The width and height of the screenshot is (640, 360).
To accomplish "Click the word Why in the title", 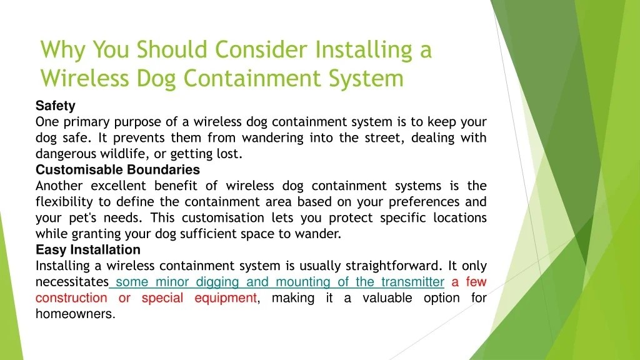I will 62,49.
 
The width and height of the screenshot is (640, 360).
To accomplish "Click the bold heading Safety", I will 55,106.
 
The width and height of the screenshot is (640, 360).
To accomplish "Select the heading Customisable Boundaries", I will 117,170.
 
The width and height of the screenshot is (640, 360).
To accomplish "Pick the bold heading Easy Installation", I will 88,250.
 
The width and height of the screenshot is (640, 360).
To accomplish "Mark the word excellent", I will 118,186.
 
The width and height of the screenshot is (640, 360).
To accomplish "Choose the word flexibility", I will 64,202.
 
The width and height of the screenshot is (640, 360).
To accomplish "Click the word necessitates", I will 72,282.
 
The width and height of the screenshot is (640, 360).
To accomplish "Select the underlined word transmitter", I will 412,282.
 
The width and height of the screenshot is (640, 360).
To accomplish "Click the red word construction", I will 71,298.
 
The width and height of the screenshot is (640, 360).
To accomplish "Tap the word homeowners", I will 75,314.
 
